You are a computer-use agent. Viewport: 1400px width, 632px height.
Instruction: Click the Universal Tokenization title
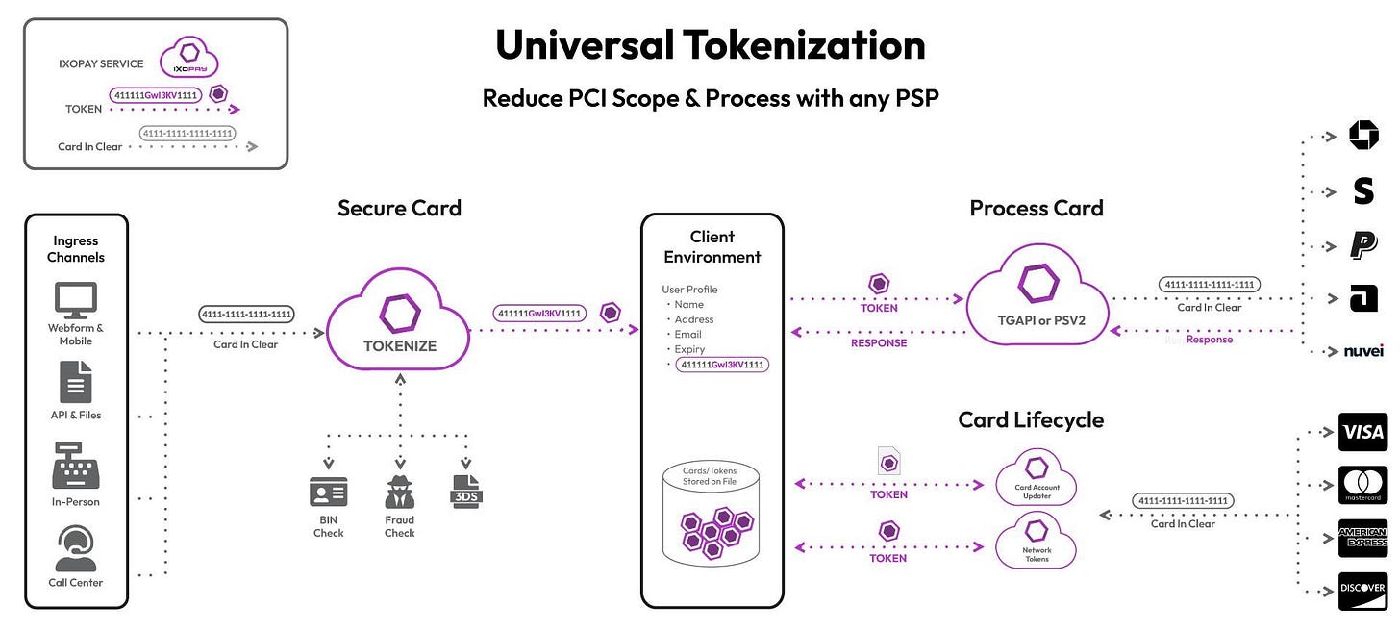click(x=710, y=45)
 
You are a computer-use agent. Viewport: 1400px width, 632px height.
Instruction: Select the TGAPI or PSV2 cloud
click(x=1037, y=297)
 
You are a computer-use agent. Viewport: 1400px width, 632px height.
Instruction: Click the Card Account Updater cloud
click(x=1037, y=477)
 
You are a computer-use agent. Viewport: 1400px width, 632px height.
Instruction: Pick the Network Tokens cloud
click(x=1037, y=543)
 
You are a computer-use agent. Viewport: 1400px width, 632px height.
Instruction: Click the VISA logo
click(x=1362, y=432)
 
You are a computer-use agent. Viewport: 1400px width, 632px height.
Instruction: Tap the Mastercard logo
click(x=1362, y=485)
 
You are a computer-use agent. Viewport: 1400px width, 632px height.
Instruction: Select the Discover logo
click(x=1362, y=590)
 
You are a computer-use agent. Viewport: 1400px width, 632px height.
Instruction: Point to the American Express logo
click(x=1362, y=538)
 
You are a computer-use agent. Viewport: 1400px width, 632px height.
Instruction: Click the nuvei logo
click(x=1362, y=352)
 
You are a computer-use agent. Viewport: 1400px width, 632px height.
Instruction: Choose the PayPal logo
click(x=1362, y=245)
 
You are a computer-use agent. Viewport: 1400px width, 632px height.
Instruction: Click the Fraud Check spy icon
click(x=399, y=492)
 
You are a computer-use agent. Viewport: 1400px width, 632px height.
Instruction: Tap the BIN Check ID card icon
click(x=328, y=493)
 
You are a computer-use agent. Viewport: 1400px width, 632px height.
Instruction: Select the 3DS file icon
click(x=465, y=491)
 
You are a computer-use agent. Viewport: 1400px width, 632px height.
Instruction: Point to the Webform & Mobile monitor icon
click(x=75, y=300)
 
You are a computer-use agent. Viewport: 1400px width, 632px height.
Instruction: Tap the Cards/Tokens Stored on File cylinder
click(x=711, y=514)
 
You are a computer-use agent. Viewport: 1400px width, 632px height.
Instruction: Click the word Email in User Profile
click(x=687, y=335)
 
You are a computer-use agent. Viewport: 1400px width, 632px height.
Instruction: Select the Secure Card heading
click(x=399, y=208)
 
